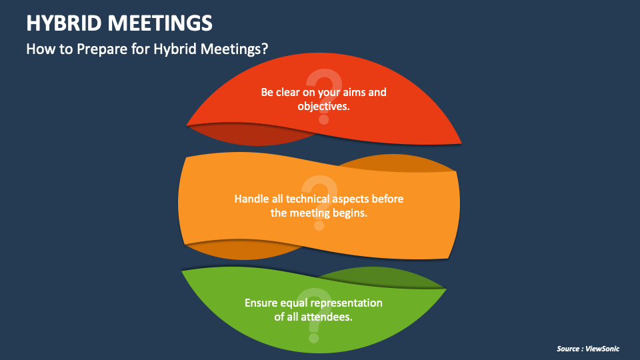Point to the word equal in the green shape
(x=297, y=303)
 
